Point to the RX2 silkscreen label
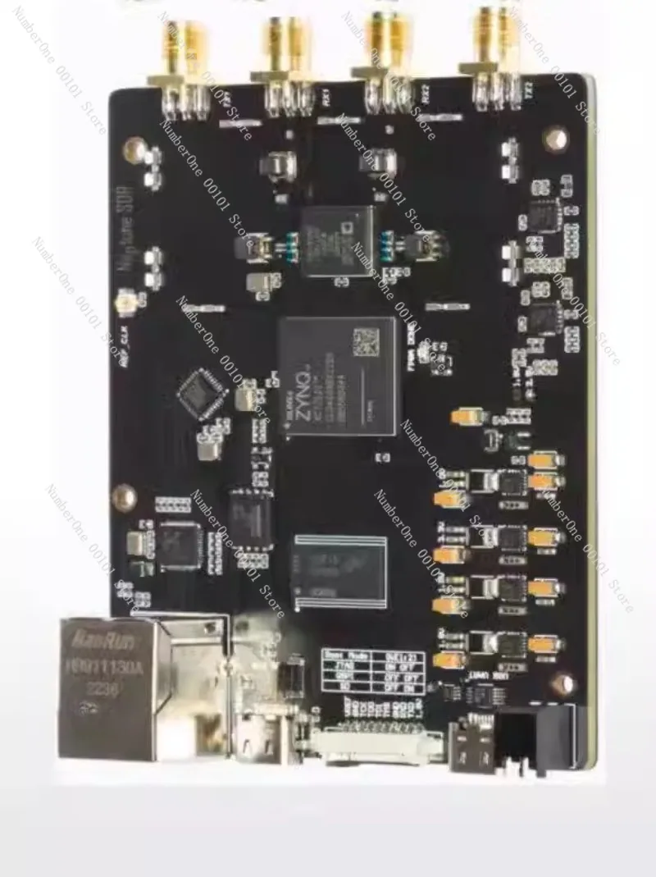pos(426,96)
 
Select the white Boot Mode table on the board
pos(373,673)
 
